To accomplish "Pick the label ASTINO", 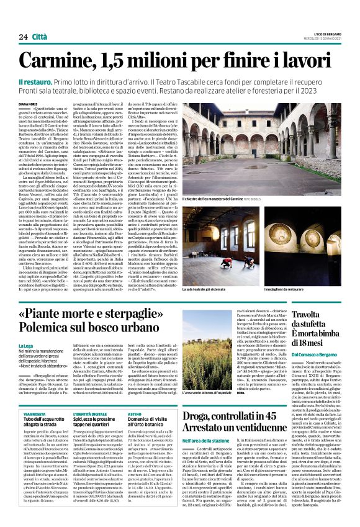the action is pos(135,413).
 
